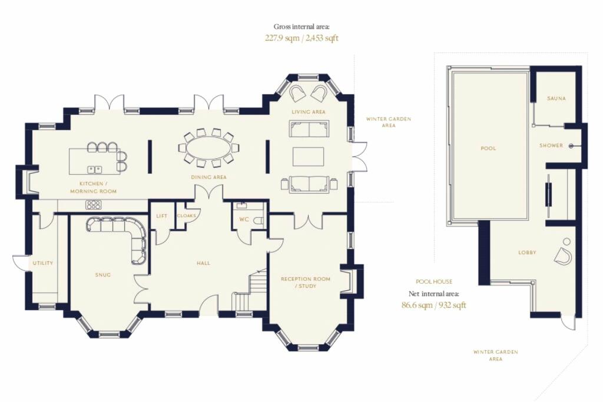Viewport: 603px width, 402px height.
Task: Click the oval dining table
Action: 209,149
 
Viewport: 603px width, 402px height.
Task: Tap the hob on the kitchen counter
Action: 93,204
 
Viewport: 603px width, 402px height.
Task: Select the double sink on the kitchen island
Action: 95,168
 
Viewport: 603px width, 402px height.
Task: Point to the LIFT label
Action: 162,216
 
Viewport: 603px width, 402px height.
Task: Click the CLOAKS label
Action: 187,215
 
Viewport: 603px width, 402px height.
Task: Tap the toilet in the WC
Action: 260,221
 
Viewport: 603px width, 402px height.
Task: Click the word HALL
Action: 203,263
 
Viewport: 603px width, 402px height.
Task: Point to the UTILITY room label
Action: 42,263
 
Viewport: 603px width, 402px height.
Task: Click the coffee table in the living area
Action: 308,156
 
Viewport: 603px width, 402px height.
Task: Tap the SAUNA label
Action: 556,98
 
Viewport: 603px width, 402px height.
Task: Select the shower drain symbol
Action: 571,145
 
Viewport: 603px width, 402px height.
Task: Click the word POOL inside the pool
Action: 488,148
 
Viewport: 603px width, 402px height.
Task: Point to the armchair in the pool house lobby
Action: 562,255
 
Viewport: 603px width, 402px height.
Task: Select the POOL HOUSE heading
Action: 434,282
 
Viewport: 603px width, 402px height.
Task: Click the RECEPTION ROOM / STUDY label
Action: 306,283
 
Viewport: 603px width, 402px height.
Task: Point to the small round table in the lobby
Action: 566,241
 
